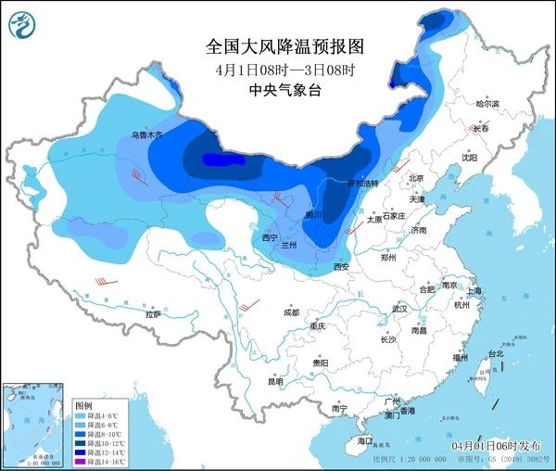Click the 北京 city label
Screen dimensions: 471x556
[x=416, y=178]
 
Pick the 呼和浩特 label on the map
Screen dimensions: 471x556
[x=363, y=184]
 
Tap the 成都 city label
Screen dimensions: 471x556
[x=292, y=312]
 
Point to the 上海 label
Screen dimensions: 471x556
[x=474, y=290]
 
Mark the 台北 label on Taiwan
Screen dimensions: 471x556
[x=496, y=353]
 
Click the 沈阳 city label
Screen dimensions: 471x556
[x=470, y=158]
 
